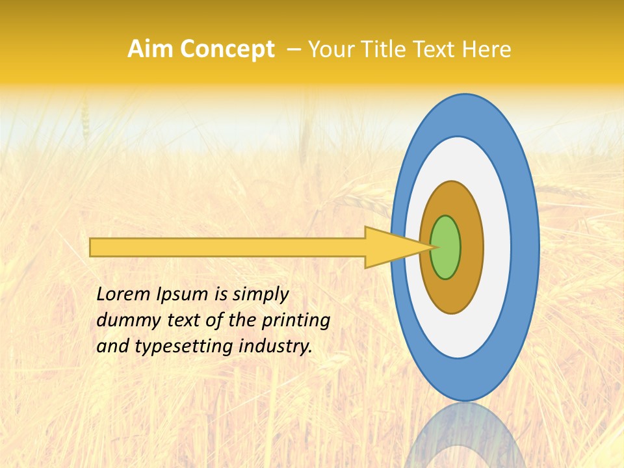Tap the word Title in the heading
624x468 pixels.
tap(383, 49)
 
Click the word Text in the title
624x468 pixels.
tap(436, 49)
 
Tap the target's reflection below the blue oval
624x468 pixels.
tap(465, 435)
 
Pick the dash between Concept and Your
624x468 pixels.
tap(293, 49)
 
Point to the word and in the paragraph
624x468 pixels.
tap(112, 346)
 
